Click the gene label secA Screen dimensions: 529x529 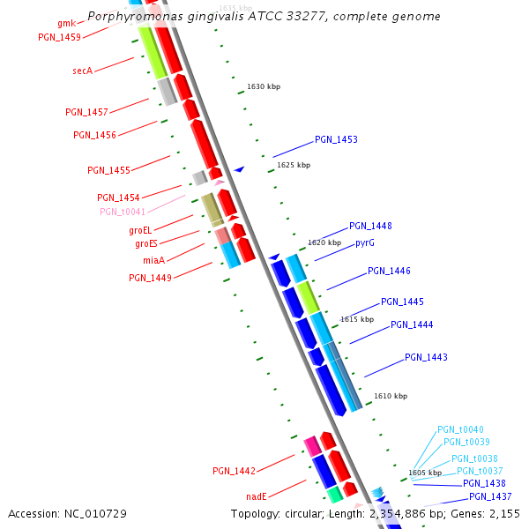click(x=82, y=71)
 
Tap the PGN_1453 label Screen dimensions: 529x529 click(x=336, y=140)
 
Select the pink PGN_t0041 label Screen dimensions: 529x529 click(x=123, y=212)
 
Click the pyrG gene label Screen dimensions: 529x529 click(x=365, y=242)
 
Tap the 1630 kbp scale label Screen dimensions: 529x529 click(x=264, y=86)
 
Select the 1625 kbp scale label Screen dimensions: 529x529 click(x=294, y=165)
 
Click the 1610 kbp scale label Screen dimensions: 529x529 click(x=391, y=397)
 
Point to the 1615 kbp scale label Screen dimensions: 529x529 click(x=357, y=319)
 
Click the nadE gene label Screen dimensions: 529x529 click(x=257, y=496)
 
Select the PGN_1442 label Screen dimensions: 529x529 click(x=234, y=471)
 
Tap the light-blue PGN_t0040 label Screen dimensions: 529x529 click(x=460, y=430)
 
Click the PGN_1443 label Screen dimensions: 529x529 click(x=426, y=357)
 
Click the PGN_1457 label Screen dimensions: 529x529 click(x=86, y=113)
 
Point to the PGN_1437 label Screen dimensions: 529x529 click(x=490, y=496)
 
